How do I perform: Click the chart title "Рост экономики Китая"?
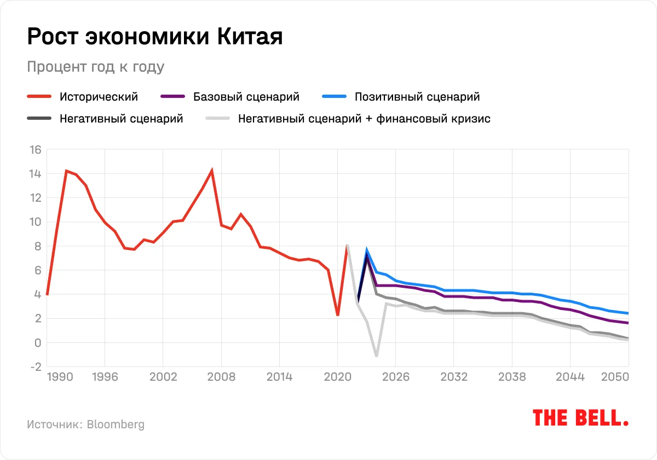155,37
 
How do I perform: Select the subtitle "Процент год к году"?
95,67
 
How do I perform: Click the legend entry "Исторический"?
99,97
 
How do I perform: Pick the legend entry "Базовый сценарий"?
246,97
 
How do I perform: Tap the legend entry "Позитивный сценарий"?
417,97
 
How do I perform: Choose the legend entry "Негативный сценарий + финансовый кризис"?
364,118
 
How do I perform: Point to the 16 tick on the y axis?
34,150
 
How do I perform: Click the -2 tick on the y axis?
34,367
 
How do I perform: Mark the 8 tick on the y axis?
37,246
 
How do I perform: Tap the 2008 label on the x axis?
221,377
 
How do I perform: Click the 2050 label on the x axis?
615,377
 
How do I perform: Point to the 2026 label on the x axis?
396,377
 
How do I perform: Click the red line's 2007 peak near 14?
212,171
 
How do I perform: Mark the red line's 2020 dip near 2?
338,315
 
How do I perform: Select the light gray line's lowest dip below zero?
376,356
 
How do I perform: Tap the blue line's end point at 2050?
627,313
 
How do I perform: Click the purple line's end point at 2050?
627,323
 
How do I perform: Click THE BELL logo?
580,418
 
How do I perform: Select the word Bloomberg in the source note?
116,424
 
